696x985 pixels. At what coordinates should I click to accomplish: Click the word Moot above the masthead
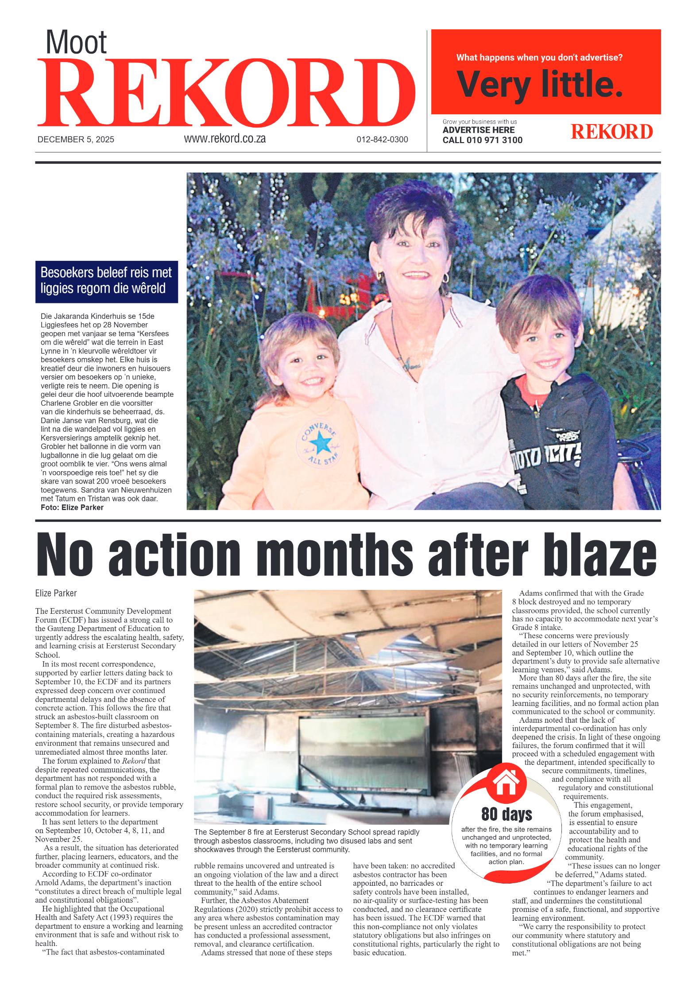76,43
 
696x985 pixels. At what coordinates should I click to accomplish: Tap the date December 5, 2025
76,140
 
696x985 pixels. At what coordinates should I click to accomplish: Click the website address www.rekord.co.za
224,139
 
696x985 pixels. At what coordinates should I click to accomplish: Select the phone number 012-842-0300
382,140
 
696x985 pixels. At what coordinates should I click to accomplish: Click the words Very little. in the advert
540,84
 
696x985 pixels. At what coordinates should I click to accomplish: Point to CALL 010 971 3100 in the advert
482,140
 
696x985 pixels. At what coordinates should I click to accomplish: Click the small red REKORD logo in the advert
611,132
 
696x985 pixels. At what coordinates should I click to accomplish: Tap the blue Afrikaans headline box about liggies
106,282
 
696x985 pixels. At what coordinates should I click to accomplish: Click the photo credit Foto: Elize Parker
72,508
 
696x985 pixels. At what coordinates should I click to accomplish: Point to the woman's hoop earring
445,278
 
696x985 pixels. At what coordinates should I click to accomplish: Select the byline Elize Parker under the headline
56,593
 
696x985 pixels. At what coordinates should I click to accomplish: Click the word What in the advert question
467,58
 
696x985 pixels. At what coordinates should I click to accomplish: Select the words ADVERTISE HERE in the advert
478,130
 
